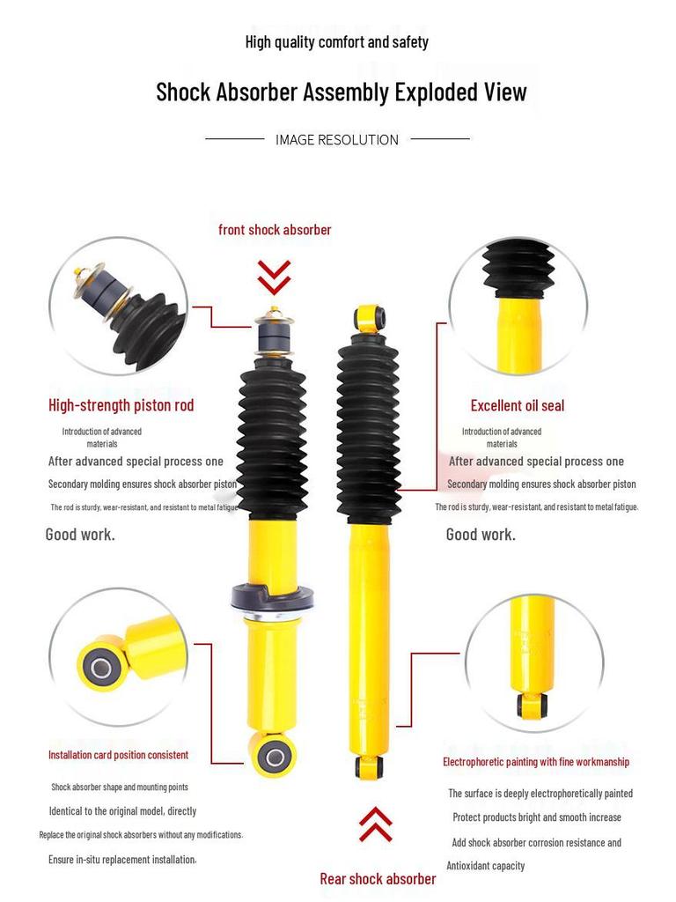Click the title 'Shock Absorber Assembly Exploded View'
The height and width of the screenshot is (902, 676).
pyautogui.click(x=342, y=92)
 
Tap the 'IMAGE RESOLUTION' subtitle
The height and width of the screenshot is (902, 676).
pyautogui.click(x=336, y=139)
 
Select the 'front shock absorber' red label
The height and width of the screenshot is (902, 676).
pyautogui.click(x=275, y=230)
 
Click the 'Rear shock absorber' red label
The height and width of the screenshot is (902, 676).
pyautogui.click(x=378, y=878)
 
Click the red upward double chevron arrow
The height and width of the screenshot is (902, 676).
pyautogui.click(x=376, y=824)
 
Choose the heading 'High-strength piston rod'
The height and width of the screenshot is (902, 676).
pyautogui.click(x=121, y=405)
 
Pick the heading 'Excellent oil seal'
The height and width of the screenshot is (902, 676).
pyautogui.click(x=517, y=405)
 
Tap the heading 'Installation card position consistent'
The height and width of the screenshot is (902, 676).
pyautogui.click(x=118, y=755)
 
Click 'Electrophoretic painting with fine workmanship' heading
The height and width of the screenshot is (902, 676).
pyautogui.click(x=535, y=761)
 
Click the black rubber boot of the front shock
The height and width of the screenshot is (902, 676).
pyautogui.click(x=272, y=440)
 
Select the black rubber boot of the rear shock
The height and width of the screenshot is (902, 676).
pyautogui.click(x=368, y=427)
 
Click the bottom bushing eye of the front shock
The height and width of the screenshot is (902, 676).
pyautogui.click(x=273, y=755)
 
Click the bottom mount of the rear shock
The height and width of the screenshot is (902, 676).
pyautogui.click(x=369, y=765)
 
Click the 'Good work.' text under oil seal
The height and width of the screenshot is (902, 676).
pyautogui.click(x=481, y=534)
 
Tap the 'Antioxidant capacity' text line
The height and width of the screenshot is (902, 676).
pyautogui.click(x=486, y=866)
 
